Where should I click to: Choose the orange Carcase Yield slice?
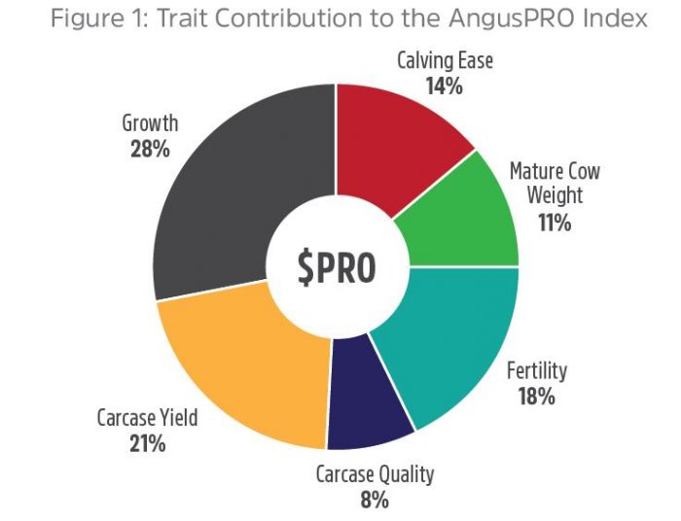coord(243,369)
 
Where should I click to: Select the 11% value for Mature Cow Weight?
coord(555,223)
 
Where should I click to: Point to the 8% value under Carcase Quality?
coord(374,501)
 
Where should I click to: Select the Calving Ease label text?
coord(445,60)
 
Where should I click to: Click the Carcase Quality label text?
coord(375,475)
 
